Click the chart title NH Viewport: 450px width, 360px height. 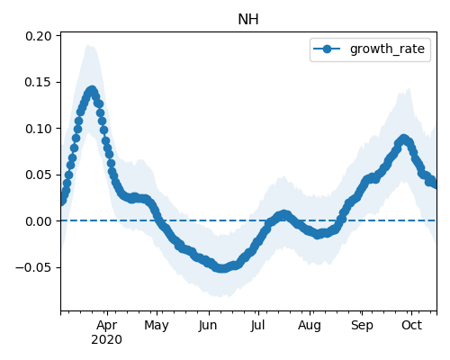tap(248, 20)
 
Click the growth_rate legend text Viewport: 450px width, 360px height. tap(387, 49)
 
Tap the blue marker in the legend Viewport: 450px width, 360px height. tap(327, 49)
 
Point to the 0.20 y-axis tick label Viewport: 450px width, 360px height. tap(39, 36)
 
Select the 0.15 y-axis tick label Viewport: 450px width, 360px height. tap(39, 82)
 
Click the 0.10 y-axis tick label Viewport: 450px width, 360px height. tap(39, 129)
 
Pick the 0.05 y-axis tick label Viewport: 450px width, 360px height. tap(39, 175)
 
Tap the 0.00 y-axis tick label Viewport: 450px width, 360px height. tap(39, 221)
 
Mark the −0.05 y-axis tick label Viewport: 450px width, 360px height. tap(33, 267)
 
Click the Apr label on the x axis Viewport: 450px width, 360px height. tap(107, 326)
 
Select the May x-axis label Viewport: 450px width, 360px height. tap(157, 326)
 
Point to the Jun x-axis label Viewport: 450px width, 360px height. tap(208, 326)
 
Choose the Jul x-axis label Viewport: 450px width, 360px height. tap(258, 326)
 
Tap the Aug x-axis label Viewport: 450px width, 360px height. tap(310, 326)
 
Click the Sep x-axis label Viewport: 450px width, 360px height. tap(362, 326)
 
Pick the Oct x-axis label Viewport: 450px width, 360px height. tap(412, 325)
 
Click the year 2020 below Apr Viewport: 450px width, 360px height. tap(106, 340)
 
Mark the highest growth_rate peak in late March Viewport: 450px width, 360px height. tap(92, 91)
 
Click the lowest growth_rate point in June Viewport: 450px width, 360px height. tap(221, 268)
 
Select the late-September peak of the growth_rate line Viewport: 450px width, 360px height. tap(404, 139)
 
